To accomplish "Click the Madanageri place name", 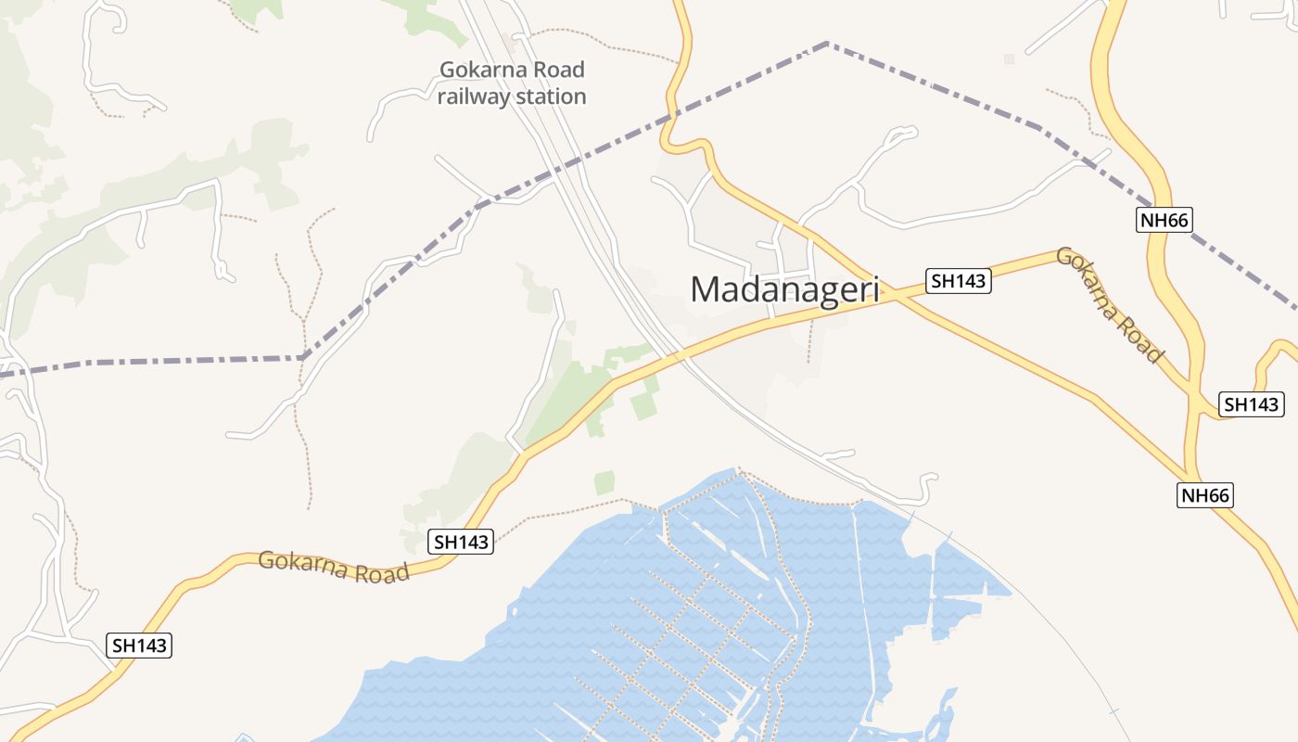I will coord(784,289).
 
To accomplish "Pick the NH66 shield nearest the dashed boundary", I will coord(1163,220).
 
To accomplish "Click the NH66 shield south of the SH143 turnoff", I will coord(1205,495).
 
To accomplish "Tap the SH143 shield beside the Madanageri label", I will coord(958,280).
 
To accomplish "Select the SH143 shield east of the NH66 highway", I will coord(1251,404).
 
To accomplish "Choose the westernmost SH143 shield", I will coord(140,646).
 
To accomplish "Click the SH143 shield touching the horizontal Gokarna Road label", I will coord(461,543).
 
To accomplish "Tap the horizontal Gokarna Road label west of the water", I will coord(334,566).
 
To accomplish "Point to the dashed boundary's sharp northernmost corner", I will coord(826,43).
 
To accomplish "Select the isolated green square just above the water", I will coord(604,482).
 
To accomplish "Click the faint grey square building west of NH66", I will coord(1009,59).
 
